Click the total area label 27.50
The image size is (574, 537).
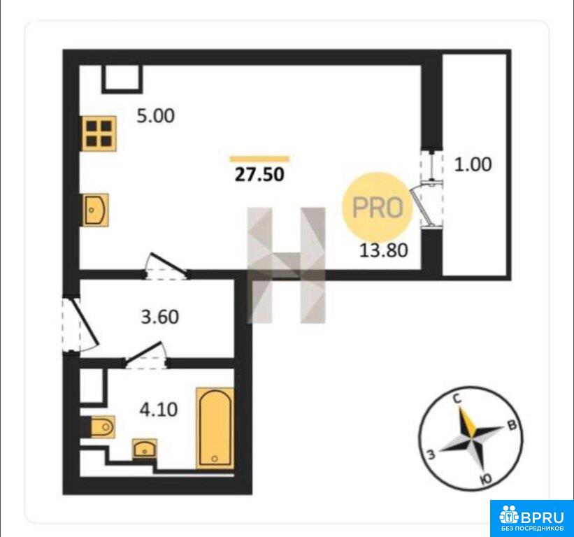pyautogui.click(x=259, y=175)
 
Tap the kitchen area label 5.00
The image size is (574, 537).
pyautogui.click(x=156, y=115)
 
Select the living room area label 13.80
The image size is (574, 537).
pyautogui.click(x=384, y=251)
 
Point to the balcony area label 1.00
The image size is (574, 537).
pyautogui.click(x=473, y=164)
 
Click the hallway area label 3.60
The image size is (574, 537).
pyautogui.click(x=160, y=317)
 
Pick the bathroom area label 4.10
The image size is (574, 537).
pyautogui.click(x=159, y=410)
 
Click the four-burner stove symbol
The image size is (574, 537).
pyautogui.click(x=99, y=134)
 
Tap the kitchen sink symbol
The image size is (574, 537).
pyautogui.click(x=95, y=210)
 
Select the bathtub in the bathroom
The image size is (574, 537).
pyautogui.click(x=215, y=429)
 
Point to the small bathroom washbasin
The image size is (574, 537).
pyautogui.click(x=145, y=448)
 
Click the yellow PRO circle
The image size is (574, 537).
pyautogui.click(x=378, y=207)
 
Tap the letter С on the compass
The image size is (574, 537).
pyautogui.click(x=457, y=399)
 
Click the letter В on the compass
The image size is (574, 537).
pyautogui.click(x=512, y=424)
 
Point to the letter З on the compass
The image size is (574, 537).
pyautogui.click(x=431, y=454)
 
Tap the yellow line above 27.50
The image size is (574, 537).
pyautogui.click(x=259, y=159)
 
